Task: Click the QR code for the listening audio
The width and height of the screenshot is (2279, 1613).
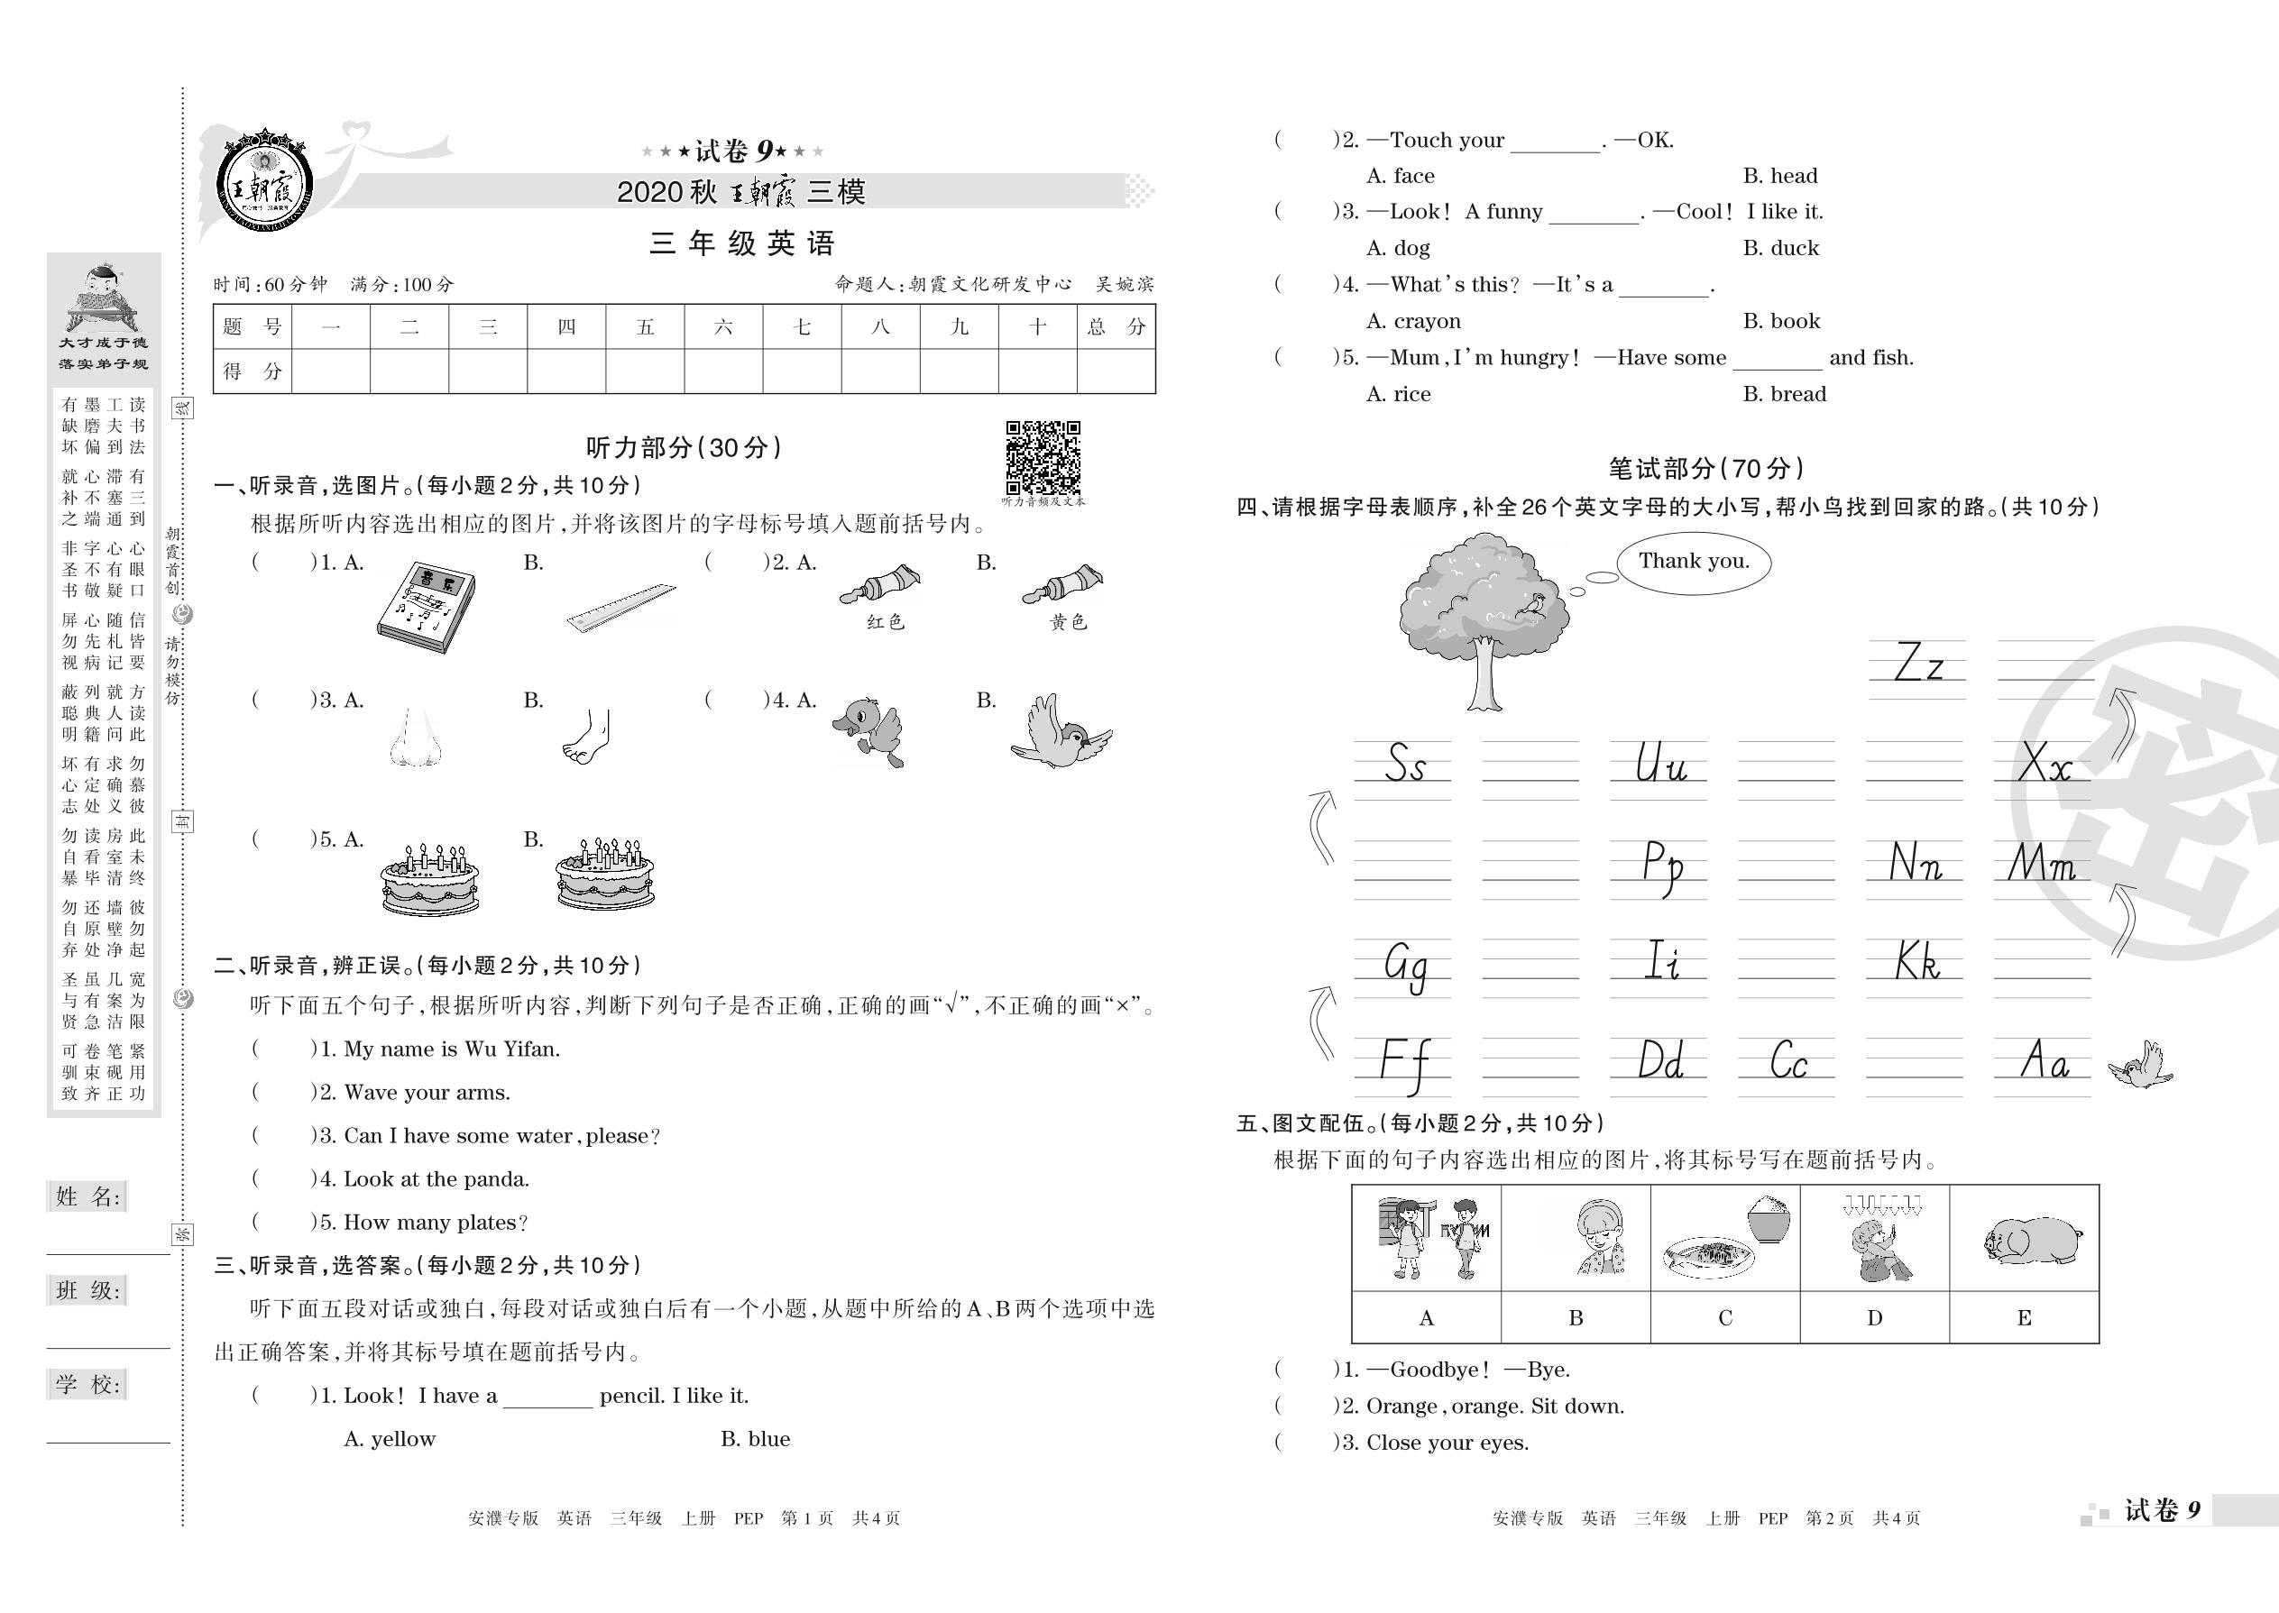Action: (x=1043, y=457)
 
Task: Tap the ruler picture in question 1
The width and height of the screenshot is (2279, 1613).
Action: (x=620, y=607)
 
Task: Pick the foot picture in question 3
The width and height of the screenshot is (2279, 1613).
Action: (x=587, y=737)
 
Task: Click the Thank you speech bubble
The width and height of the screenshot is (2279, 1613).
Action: (x=1693, y=563)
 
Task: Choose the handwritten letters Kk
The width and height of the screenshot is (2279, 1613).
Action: (x=1916, y=961)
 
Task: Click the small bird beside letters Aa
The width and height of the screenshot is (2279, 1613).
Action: (x=2142, y=1065)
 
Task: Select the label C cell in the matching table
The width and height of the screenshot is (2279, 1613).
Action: (x=1724, y=1318)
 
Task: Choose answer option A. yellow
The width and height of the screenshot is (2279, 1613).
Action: (x=390, y=1439)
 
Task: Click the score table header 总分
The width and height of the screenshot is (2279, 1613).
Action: (x=1116, y=326)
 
